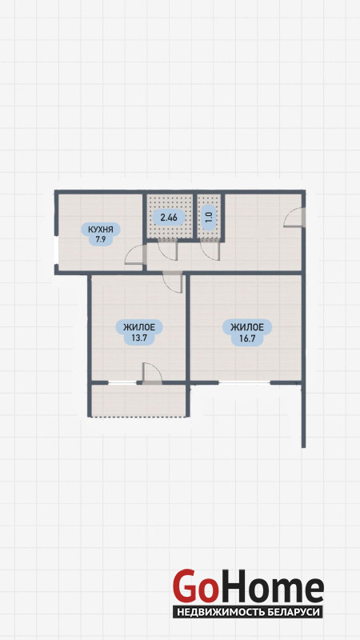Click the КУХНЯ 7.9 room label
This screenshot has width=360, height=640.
(101, 234)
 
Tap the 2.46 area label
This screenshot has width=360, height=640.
(169, 217)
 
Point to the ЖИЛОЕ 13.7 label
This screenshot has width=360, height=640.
(139, 332)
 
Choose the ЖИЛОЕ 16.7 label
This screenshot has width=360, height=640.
(246, 332)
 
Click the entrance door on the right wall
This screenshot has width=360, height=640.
(294, 217)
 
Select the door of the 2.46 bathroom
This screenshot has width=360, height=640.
(167, 250)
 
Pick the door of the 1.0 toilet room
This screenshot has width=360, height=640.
(210, 250)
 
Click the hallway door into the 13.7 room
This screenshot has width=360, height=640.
(172, 282)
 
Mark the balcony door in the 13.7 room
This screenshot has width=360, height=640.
(152, 373)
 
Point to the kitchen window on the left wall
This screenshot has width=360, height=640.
(56, 250)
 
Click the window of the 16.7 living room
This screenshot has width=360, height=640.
(245, 383)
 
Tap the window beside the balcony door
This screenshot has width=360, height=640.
(122, 383)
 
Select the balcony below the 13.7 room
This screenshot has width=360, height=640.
(138, 400)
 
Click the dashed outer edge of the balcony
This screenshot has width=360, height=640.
(138, 417)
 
